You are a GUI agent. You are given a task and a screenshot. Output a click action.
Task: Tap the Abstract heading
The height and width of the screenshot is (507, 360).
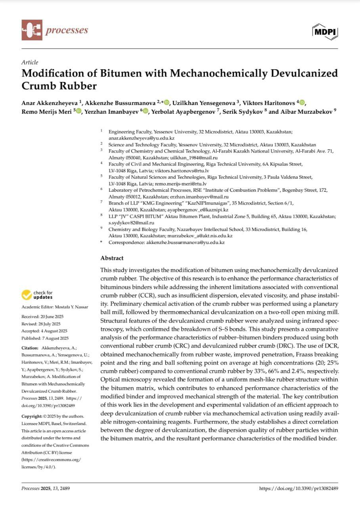112,258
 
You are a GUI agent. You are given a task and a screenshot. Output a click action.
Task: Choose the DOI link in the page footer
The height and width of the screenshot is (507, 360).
298,488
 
